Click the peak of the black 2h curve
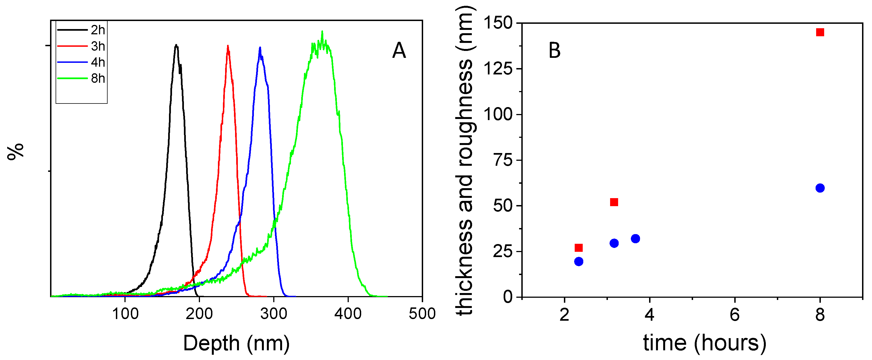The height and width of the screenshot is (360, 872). click(x=176, y=45)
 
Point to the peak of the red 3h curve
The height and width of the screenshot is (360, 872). click(x=228, y=46)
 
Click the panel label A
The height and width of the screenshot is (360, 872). click(x=399, y=51)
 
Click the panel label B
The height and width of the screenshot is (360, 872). click(x=554, y=51)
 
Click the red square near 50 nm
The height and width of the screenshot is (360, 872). click(x=614, y=202)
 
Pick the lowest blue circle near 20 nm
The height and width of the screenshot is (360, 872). click(x=579, y=261)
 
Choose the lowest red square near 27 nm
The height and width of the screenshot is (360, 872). click(x=579, y=248)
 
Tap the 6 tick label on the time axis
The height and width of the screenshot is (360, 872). click(x=735, y=315)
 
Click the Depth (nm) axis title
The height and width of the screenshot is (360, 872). click(x=236, y=343)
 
